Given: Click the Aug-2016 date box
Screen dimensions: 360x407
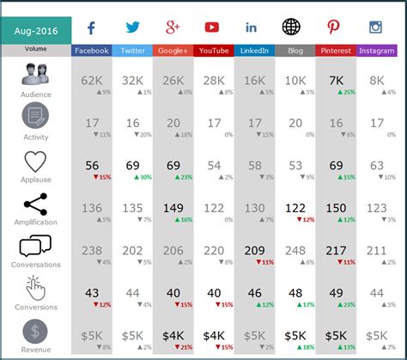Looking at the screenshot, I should click(x=36, y=28).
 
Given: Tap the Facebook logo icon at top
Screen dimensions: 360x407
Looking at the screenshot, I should click(x=91, y=27).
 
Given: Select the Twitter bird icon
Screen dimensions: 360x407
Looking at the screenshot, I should click(x=132, y=27).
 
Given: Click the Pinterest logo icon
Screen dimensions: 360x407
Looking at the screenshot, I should click(x=335, y=27).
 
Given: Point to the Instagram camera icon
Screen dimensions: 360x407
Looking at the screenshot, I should click(x=375, y=27).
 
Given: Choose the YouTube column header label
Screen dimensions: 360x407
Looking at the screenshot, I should click(x=214, y=51).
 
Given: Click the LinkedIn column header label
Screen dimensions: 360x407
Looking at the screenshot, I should click(x=254, y=51).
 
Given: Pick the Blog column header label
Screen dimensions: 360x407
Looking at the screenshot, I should click(x=295, y=51).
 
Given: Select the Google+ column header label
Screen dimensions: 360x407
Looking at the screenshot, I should click(x=173, y=51).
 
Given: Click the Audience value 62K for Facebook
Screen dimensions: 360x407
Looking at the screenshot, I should click(x=91, y=80).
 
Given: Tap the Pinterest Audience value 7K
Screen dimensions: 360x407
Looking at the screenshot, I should click(x=336, y=80).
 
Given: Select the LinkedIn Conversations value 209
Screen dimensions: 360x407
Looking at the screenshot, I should click(x=254, y=250).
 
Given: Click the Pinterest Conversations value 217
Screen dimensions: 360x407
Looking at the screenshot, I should click(x=336, y=250).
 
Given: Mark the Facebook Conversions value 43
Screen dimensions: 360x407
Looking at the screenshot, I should click(x=91, y=292).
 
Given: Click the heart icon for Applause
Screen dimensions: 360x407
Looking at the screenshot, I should click(x=35, y=162).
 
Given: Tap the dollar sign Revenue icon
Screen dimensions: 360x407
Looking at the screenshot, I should click(x=35, y=332).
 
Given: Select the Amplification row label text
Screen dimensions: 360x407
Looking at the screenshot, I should click(x=36, y=222).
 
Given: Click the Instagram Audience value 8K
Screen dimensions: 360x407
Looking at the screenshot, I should click(x=376, y=80).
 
